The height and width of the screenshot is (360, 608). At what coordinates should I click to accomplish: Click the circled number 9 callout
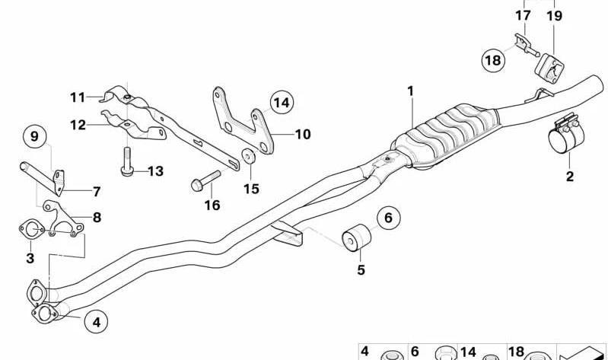coord(34,136)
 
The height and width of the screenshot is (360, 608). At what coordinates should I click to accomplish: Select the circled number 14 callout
coord(282,103)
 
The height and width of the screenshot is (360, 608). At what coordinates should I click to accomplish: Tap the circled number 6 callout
coord(388,218)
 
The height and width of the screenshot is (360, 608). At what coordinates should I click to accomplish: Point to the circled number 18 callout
coord(493,60)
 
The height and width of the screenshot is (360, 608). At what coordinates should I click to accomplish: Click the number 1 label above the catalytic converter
coord(411,91)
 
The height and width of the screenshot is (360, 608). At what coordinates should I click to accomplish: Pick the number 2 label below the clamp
coord(570,177)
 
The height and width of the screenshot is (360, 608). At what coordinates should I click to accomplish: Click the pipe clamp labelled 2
coord(565,134)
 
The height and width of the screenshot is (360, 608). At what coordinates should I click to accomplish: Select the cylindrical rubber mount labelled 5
coord(356,237)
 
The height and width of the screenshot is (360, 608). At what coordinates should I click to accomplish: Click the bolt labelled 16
coord(205,181)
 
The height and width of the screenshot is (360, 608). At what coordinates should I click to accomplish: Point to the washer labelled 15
coord(248,155)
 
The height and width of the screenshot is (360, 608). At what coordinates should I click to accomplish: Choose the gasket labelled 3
coord(31,229)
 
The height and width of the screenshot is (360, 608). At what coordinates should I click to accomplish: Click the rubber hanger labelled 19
coord(549,68)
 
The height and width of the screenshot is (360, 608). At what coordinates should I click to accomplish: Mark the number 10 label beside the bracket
coord(303,135)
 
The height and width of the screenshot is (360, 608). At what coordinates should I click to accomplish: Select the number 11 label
coord(78,97)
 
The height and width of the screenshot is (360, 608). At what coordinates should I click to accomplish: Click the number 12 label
coord(78,125)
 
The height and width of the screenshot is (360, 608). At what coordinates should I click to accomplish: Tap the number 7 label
coord(97,192)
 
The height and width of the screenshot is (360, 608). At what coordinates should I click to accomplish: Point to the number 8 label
coord(97,217)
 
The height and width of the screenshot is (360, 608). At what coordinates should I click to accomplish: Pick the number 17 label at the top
coord(523,16)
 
